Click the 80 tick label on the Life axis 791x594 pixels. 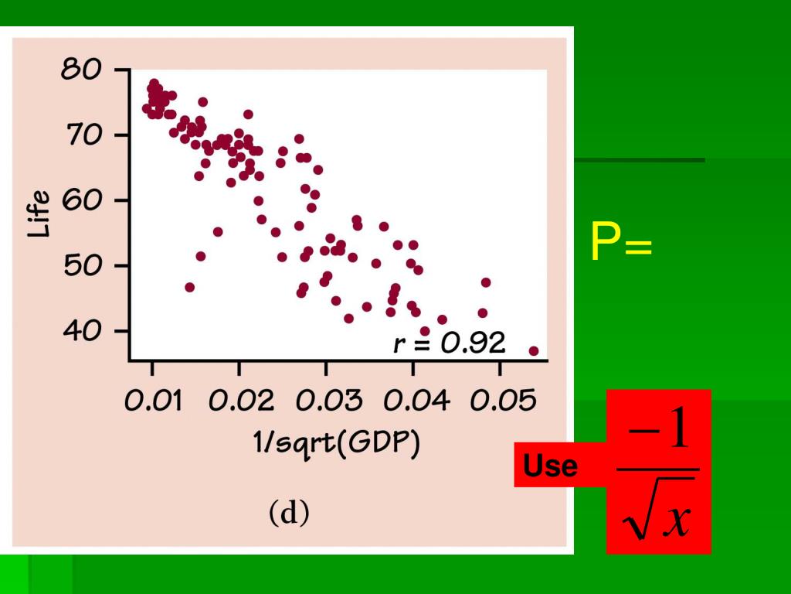click(83, 70)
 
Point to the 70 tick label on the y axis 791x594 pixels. click(83, 136)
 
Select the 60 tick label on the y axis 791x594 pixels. click(83, 201)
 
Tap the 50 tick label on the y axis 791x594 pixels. click(83, 266)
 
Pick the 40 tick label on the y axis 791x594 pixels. click(83, 331)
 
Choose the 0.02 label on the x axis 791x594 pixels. click(239, 401)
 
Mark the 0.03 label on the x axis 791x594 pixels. click(326, 401)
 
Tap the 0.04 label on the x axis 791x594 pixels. click(413, 401)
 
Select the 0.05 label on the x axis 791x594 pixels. click(500, 401)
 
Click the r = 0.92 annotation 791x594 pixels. click(449, 343)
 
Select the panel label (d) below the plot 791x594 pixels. click(289, 513)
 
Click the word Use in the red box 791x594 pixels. click(550, 467)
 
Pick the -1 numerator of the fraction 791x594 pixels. click(657, 433)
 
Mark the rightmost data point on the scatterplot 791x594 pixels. click(533, 350)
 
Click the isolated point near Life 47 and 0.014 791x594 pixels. click(189, 287)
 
